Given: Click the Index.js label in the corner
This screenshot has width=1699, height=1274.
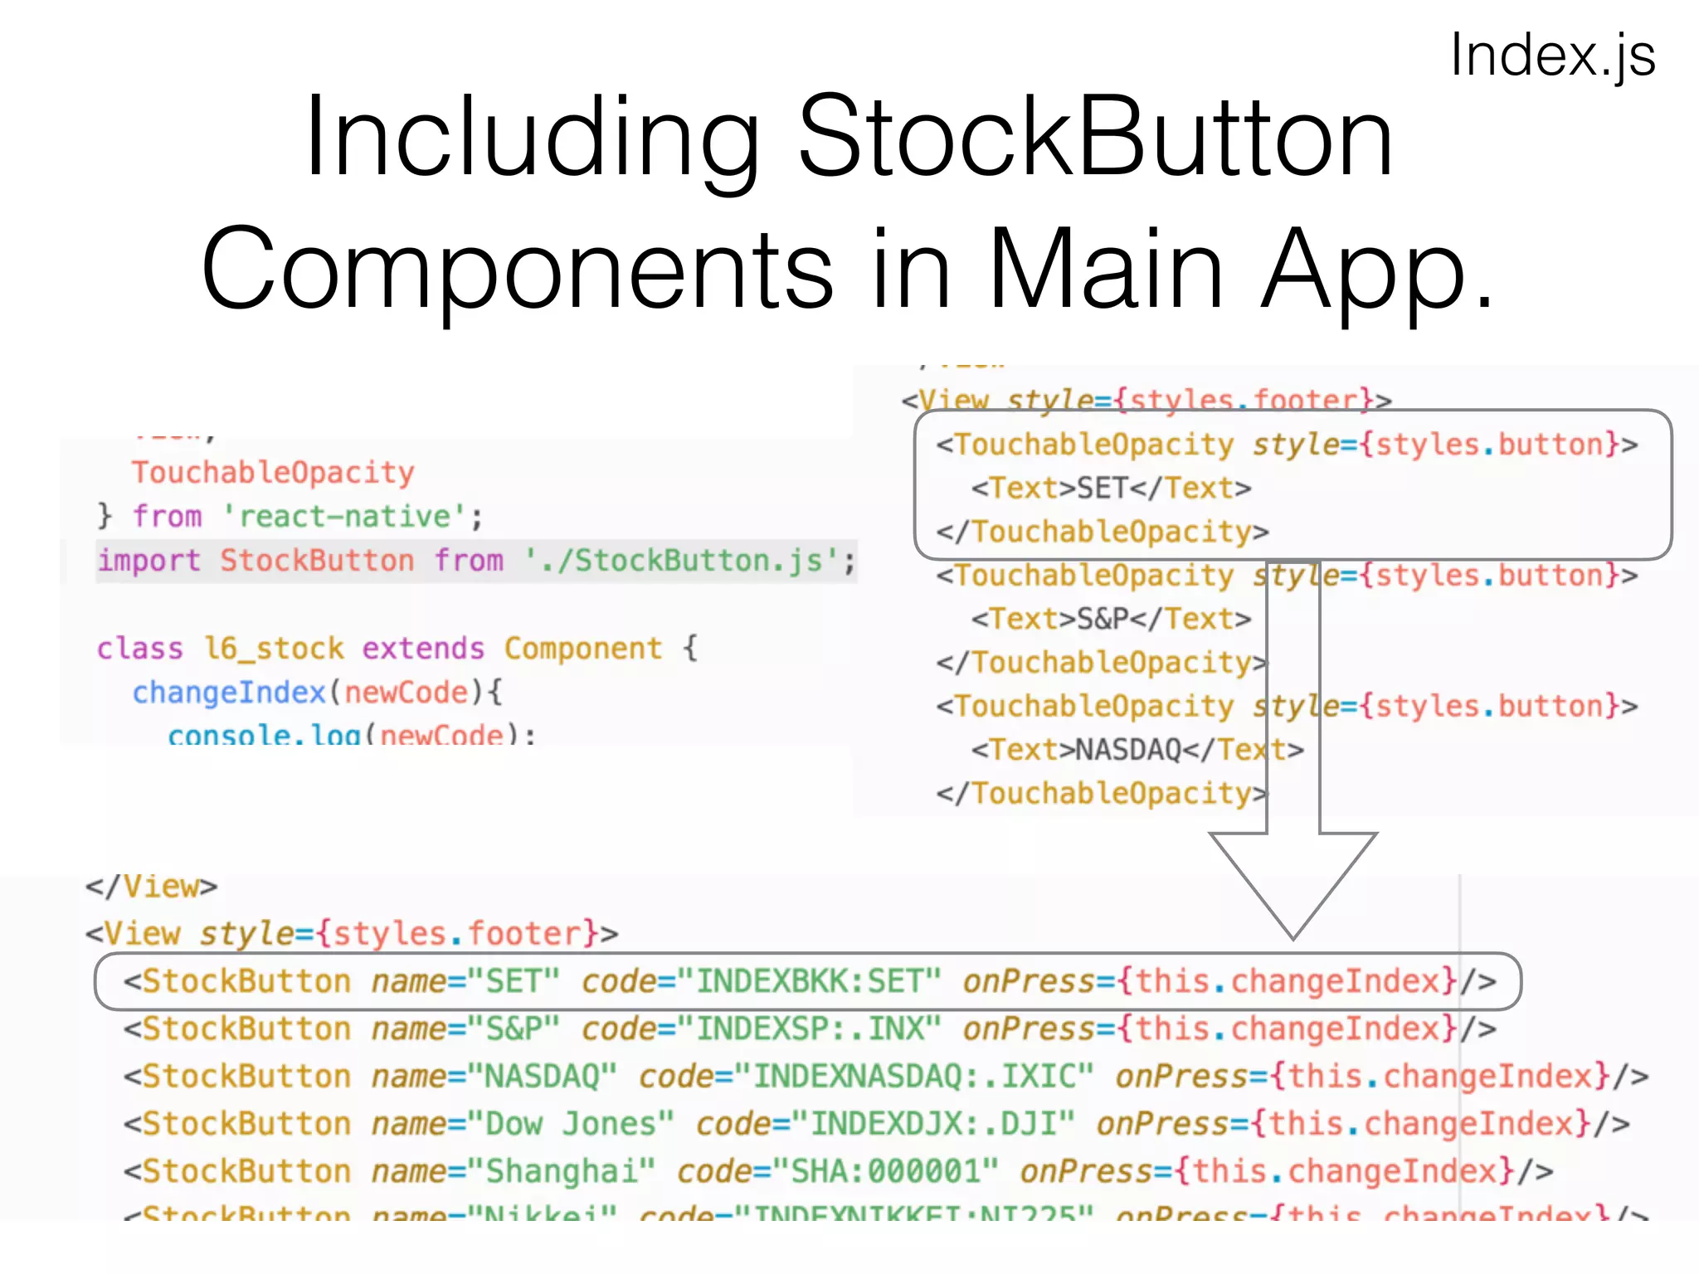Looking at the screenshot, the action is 1552,56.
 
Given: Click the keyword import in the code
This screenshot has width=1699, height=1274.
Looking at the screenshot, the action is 149,561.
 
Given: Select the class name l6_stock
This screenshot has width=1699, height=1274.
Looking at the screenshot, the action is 274,649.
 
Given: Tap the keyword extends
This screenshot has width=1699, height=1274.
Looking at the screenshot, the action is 423,649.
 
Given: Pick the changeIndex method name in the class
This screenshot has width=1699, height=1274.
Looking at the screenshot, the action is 229,693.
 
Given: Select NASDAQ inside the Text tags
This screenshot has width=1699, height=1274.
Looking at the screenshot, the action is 1128,750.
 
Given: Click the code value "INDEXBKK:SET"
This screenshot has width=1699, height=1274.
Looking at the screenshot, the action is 810,981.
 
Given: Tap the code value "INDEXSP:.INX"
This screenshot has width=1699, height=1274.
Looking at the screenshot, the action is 810,1028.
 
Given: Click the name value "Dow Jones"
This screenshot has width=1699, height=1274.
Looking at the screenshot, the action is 571,1124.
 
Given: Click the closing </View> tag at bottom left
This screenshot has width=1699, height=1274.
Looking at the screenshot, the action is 151,887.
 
